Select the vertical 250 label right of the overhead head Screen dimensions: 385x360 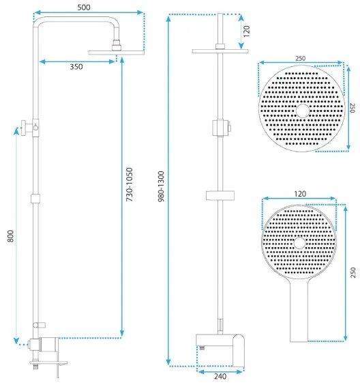[x=352, y=109]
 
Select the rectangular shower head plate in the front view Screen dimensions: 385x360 [x=217, y=52]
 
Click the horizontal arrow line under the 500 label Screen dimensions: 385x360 [x=89, y=13]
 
